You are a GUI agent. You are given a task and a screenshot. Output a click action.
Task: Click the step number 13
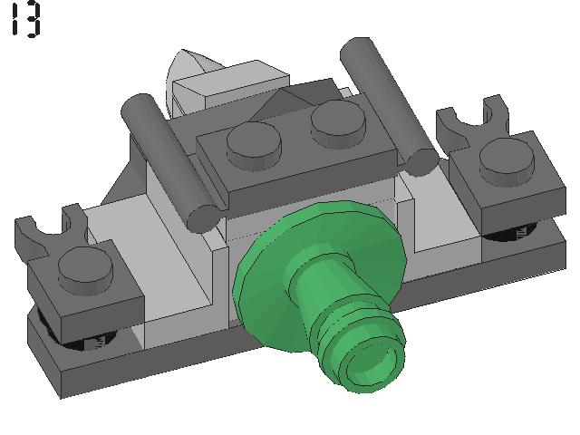coord(25,19)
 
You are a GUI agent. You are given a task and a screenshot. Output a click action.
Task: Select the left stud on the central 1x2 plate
coord(254,143)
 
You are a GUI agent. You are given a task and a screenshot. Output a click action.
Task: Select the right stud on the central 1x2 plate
coord(338,122)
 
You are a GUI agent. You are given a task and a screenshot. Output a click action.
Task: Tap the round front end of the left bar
coord(204,219)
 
